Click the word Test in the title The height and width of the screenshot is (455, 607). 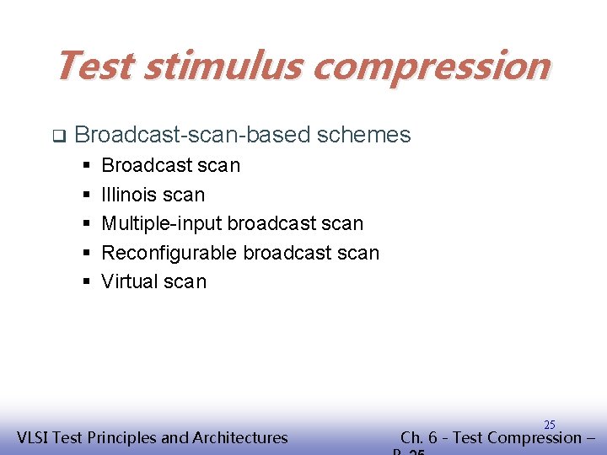(x=93, y=66)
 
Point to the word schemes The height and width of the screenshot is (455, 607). (x=365, y=135)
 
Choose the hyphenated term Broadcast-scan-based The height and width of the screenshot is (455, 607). (x=196, y=135)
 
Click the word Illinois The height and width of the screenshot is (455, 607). (x=128, y=195)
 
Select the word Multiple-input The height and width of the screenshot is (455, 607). (x=161, y=224)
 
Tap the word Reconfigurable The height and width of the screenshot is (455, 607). (x=169, y=253)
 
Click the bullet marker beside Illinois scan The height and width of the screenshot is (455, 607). (x=87, y=195)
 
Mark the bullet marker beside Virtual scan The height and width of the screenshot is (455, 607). (x=87, y=282)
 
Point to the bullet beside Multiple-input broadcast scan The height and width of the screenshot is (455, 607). (x=87, y=224)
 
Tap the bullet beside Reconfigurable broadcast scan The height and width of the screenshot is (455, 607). (x=87, y=254)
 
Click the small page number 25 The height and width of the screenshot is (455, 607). (x=549, y=425)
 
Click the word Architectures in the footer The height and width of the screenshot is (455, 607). (x=240, y=437)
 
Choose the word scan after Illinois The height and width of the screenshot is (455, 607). (x=185, y=195)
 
